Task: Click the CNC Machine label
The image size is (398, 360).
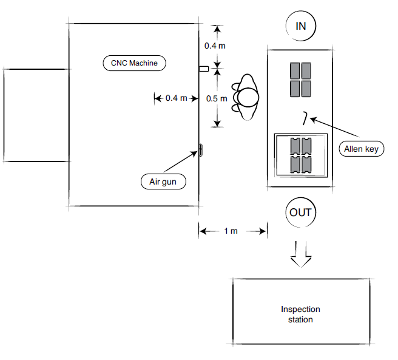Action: pos(133,62)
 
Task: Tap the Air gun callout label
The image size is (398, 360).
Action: pos(163,181)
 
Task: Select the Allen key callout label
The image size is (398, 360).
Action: pos(360,148)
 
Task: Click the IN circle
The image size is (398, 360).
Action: pos(300,25)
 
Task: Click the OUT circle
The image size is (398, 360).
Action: pos(300,212)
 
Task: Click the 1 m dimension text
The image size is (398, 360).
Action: pos(231,231)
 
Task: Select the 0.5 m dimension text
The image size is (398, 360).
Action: pos(217,98)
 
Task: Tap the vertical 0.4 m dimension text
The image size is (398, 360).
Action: pos(217,46)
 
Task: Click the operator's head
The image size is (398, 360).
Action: pos(248,97)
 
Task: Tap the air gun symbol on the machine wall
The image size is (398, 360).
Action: pos(200,151)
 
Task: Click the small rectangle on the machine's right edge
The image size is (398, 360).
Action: pos(204,69)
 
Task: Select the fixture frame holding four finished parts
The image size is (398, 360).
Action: pos(300,155)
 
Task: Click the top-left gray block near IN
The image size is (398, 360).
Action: pos(295,71)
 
